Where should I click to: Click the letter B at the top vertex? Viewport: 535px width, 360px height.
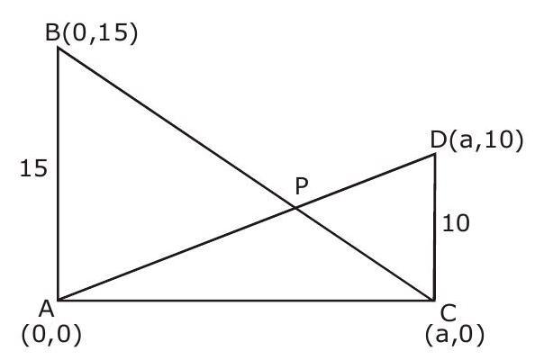(x=53, y=33)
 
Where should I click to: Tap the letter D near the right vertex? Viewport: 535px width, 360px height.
(x=439, y=139)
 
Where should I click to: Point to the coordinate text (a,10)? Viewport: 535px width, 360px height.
(x=485, y=140)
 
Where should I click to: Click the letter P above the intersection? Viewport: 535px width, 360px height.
(x=302, y=186)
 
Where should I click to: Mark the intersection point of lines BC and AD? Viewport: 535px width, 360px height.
(x=295, y=208)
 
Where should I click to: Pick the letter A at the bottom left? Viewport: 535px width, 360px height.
(x=47, y=310)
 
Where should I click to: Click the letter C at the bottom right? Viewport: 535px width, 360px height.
(x=449, y=313)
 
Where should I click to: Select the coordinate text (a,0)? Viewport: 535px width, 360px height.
(x=455, y=335)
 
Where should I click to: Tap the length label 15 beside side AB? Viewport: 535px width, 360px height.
(x=33, y=169)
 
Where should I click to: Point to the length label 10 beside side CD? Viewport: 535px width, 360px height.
(x=456, y=223)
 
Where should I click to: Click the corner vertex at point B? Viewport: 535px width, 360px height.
(x=59, y=48)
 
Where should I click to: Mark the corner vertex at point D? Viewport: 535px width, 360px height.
(x=435, y=155)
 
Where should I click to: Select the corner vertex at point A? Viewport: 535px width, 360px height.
(x=59, y=301)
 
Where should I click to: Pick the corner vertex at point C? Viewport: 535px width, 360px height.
(x=434, y=301)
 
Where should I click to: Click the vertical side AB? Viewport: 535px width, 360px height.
(x=59, y=175)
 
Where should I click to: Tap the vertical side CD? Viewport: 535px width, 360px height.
(x=434, y=228)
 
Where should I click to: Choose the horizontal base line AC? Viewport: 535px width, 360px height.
(x=246, y=301)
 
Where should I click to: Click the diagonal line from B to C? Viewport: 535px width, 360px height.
(x=246, y=175)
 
